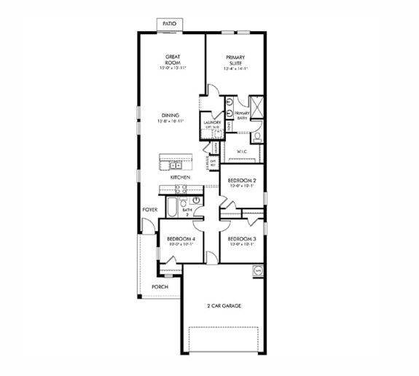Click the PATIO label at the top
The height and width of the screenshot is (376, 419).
tap(169, 24)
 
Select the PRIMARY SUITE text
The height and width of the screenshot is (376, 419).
tap(235, 60)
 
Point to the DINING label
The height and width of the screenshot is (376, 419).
tap(171, 116)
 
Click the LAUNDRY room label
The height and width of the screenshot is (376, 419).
tap(212, 124)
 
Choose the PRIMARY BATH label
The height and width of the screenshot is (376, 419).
tap(242, 115)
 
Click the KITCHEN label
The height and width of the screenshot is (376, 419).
tap(180, 177)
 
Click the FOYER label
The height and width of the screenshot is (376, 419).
tap(149, 210)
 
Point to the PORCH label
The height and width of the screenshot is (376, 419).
tap(160, 286)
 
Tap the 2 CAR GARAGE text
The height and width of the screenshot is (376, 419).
tap(224, 305)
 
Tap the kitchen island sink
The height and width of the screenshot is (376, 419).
tap(173, 158)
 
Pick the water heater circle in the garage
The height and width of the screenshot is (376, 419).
tap(257, 271)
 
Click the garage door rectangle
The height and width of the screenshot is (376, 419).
tap(224, 340)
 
